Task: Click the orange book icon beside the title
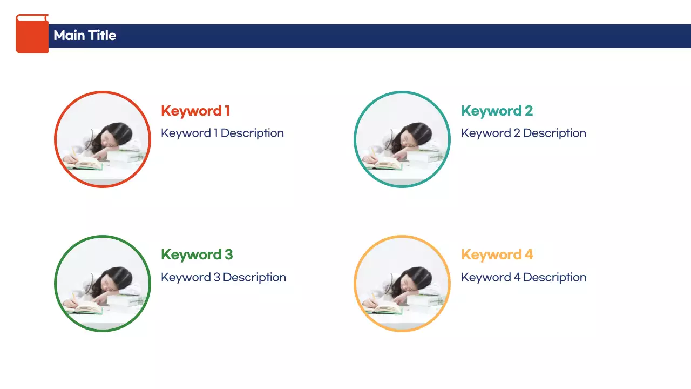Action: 32,34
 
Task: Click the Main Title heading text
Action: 85,36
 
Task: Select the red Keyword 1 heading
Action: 195,111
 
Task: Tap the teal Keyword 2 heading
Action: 497,111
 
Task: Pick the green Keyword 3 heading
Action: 197,254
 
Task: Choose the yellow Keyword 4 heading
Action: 497,254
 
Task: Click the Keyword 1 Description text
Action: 222,133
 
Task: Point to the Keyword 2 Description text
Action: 523,133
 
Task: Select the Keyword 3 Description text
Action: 223,277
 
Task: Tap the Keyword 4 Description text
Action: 523,277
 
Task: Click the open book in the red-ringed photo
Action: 85,163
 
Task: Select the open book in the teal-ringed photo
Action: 385,163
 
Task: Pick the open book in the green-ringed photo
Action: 85,307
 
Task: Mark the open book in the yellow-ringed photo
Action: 385,307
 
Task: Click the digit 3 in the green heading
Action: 228,254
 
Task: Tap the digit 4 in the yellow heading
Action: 529,254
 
